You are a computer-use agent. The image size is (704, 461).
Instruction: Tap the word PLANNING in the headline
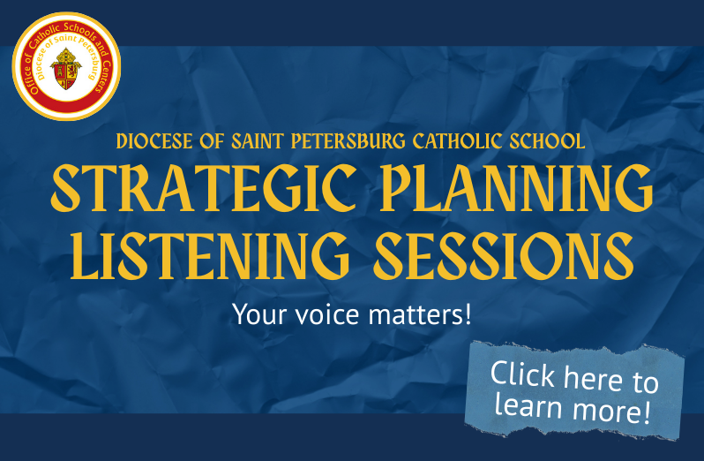click(x=516, y=188)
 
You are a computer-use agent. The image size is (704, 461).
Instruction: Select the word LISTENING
click(x=210, y=256)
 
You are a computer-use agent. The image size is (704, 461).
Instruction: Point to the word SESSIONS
click(x=504, y=256)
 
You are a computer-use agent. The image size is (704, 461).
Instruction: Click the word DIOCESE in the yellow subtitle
click(x=154, y=141)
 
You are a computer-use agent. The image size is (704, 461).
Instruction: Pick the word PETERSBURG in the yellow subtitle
click(x=348, y=141)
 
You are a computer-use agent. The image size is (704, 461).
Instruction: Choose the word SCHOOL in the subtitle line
click(x=547, y=141)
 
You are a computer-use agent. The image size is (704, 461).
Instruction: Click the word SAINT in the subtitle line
click(x=258, y=141)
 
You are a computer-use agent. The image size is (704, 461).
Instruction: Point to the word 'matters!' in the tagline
click(x=420, y=314)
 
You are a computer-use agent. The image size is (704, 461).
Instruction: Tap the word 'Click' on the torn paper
click(x=522, y=374)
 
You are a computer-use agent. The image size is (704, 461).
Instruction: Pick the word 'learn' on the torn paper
click(x=528, y=404)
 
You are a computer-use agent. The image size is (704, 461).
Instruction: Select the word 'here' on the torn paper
click(x=594, y=378)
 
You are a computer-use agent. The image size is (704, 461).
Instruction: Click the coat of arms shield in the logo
click(x=66, y=70)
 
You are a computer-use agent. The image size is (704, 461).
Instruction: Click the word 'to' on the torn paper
click(x=646, y=382)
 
